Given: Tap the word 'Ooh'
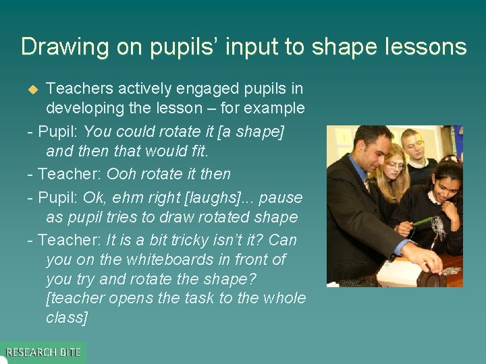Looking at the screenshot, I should pos(122,174).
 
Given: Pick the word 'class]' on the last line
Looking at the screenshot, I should pos(66,317).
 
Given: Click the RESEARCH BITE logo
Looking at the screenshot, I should pos(43,352).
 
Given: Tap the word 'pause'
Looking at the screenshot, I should pos(281,198).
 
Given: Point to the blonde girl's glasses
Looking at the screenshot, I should pos(396,165).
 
